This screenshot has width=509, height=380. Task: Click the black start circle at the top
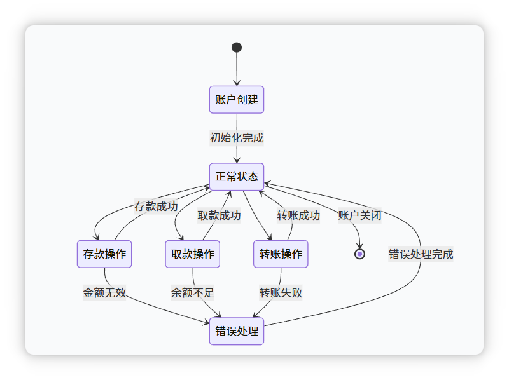pyautogui.click(x=237, y=47)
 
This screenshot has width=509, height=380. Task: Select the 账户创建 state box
pyautogui.click(x=237, y=100)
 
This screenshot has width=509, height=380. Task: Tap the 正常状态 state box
pyautogui.click(x=237, y=177)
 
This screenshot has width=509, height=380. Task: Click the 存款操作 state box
pyautogui.click(x=104, y=254)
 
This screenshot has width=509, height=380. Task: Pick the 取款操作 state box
pyautogui.click(x=193, y=254)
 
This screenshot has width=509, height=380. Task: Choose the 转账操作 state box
pyautogui.click(x=281, y=254)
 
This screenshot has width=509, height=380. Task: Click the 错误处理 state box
pyautogui.click(x=237, y=331)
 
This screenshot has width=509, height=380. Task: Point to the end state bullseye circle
pyautogui.click(x=359, y=254)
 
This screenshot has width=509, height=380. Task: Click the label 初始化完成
pyautogui.click(x=237, y=138)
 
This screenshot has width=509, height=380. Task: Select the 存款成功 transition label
pyautogui.click(x=156, y=207)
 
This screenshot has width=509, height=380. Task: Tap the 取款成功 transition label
pyautogui.click(x=219, y=215)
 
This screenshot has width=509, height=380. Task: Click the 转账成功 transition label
pyautogui.click(x=298, y=215)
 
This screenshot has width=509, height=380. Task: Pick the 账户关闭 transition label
pyautogui.click(x=359, y=215)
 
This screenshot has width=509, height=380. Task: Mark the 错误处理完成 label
pyautogui.click(x=421, y=254)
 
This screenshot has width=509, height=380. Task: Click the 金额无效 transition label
pyautogui.click(x=104, y=293)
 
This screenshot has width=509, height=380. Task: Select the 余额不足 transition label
pyautogui.click(x=193, y=293)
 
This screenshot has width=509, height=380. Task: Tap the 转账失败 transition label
pyautogui.click(x=281, y=293)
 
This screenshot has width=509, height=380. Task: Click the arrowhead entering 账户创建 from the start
pyautogui.click(x=237, y=83)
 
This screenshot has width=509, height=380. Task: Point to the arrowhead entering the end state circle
pyautogui.click(x=359, y=246)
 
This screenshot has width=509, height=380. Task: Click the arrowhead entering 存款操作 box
pyautogui.click(x=96, y=238)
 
